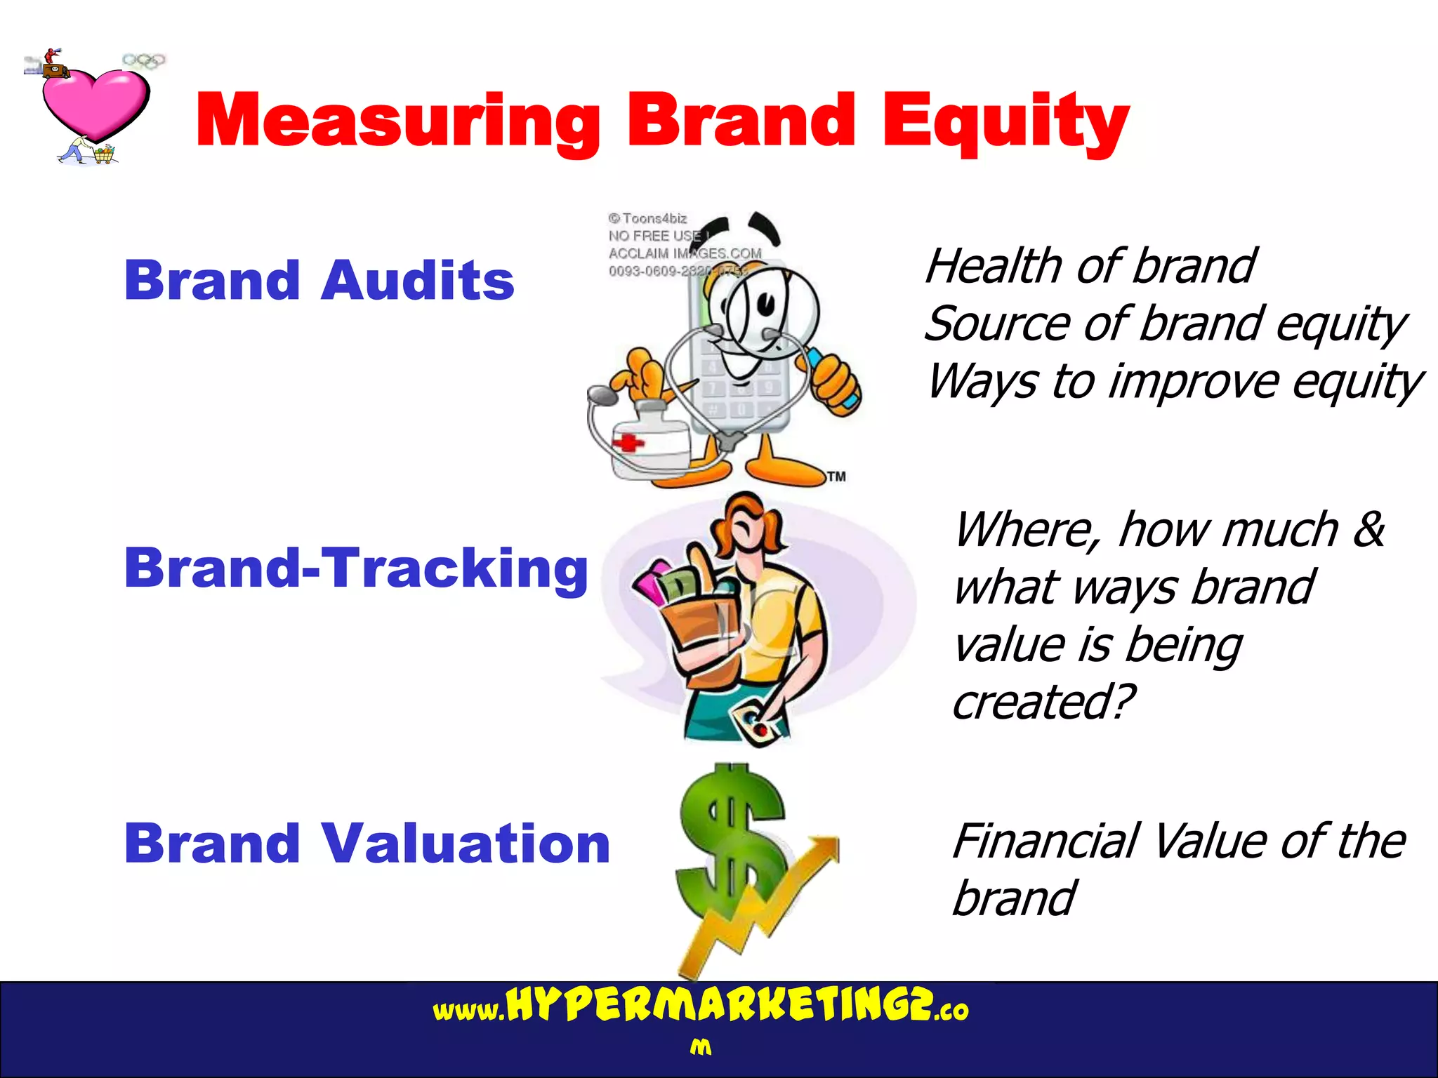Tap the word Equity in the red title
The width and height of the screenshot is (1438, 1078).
(1005, 121)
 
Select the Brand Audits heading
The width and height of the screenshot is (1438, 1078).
(319, 280)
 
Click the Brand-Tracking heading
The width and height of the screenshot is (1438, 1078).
(355, 568)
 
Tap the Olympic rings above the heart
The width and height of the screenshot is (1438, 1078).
(144, 60)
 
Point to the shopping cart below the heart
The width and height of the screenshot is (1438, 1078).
(104, 154)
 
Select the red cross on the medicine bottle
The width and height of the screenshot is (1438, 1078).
(628, 443)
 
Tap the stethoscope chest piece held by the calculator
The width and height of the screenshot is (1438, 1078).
(602, 396)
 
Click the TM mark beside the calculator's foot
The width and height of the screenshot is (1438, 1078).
(836, 477)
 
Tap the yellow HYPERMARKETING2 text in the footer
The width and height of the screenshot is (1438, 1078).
(720, 1006)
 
